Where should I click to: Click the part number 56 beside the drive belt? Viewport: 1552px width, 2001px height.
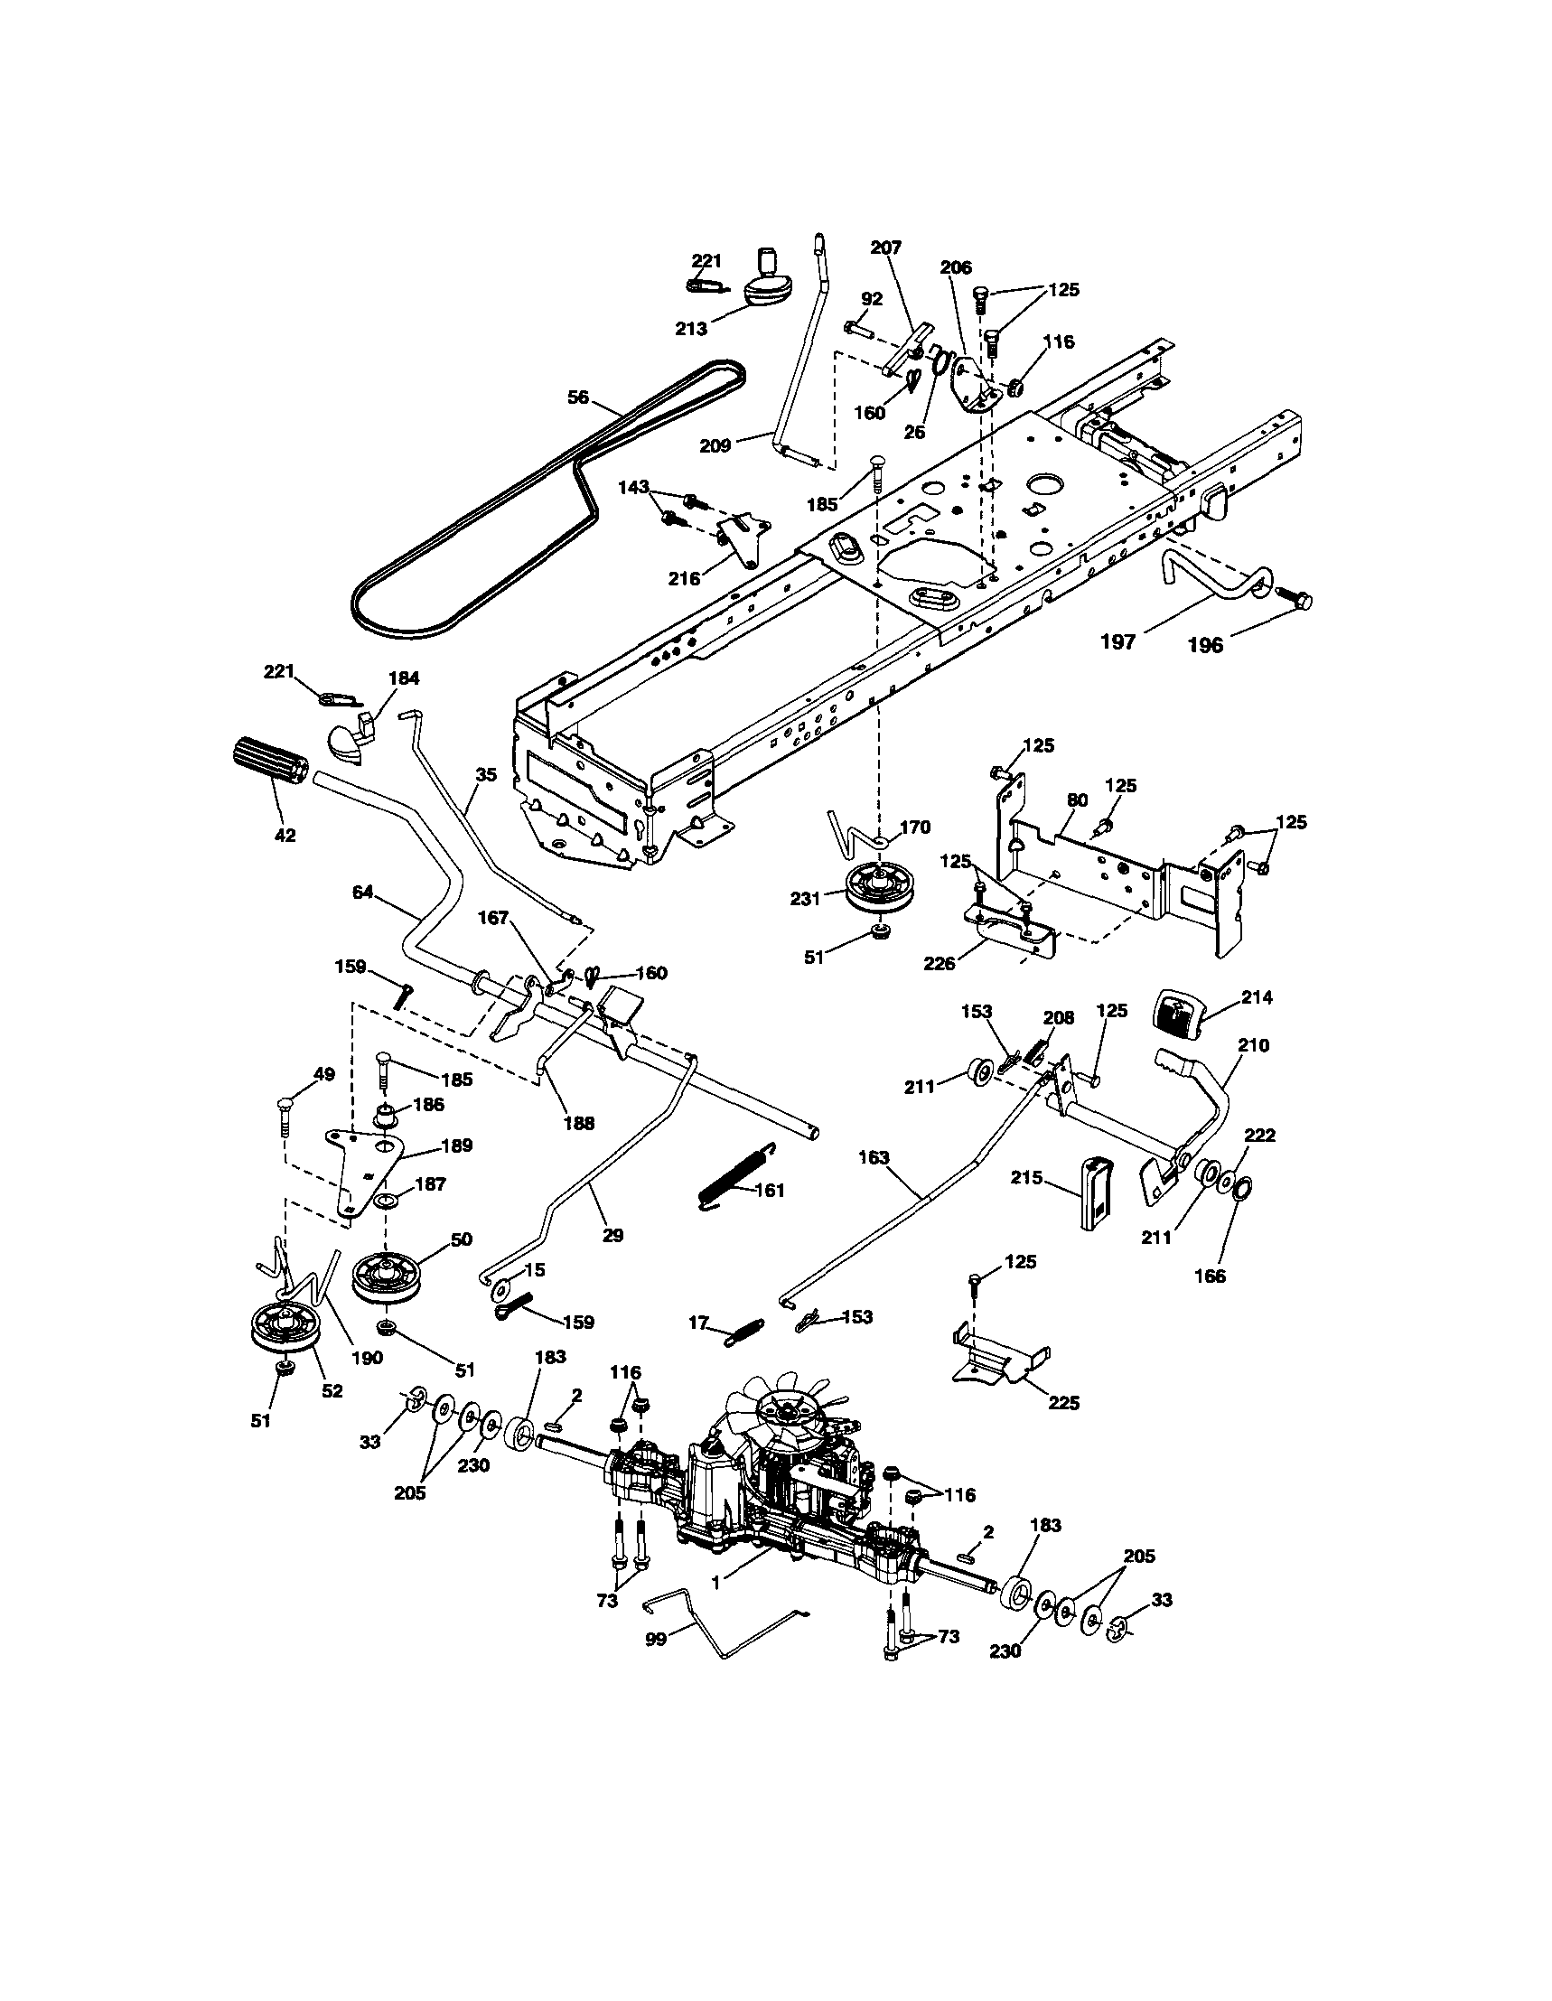coord(578,397)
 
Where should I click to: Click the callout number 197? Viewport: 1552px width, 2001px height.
coord(1117,641)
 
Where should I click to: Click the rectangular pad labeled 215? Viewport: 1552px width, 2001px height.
coord(1096,1192)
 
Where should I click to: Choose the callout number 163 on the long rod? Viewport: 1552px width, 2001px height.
coord(874,1158)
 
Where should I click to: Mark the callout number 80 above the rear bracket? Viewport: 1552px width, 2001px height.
coord(1078,799)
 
